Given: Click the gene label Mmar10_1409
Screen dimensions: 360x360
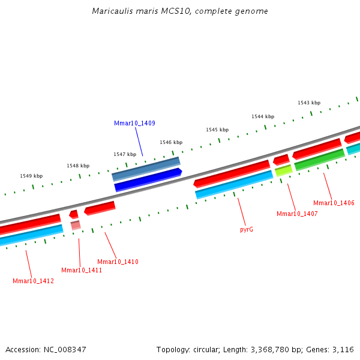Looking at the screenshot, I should point(134,123).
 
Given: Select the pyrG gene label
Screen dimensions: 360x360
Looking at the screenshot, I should point(247,229).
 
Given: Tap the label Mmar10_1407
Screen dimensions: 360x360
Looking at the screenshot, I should point(297,214).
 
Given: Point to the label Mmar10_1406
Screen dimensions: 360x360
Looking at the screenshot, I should point(334,203).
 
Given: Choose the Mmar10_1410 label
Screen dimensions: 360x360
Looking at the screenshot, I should point(118,262).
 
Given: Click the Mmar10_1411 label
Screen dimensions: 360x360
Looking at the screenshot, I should point(82,270).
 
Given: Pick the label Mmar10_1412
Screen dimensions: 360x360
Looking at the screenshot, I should point(33,281).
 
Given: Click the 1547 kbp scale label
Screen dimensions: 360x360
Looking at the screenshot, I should point(125,154).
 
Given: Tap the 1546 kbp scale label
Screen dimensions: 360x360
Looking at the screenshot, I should point(171,142).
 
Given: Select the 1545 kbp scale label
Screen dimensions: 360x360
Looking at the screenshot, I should point(217,130).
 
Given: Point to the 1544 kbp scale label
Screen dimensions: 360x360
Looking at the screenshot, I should point(263,116).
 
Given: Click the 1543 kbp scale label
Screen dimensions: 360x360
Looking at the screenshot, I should point(309,103).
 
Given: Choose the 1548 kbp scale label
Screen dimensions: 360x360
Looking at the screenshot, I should point(78,166).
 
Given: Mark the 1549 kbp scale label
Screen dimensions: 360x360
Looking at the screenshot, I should point(31,176).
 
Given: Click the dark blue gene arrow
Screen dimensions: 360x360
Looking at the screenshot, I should point(148,180).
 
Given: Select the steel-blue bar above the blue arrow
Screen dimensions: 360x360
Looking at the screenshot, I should point(146,169).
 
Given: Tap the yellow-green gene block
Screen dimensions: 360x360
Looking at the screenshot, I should point(284,170).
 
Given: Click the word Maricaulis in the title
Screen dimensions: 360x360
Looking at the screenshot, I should point(110,11).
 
